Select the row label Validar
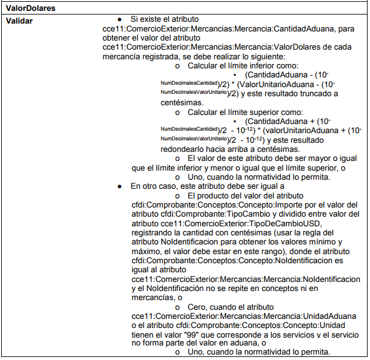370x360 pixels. click(x=19, y=21)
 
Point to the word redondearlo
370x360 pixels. click(x=183, y=149)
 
